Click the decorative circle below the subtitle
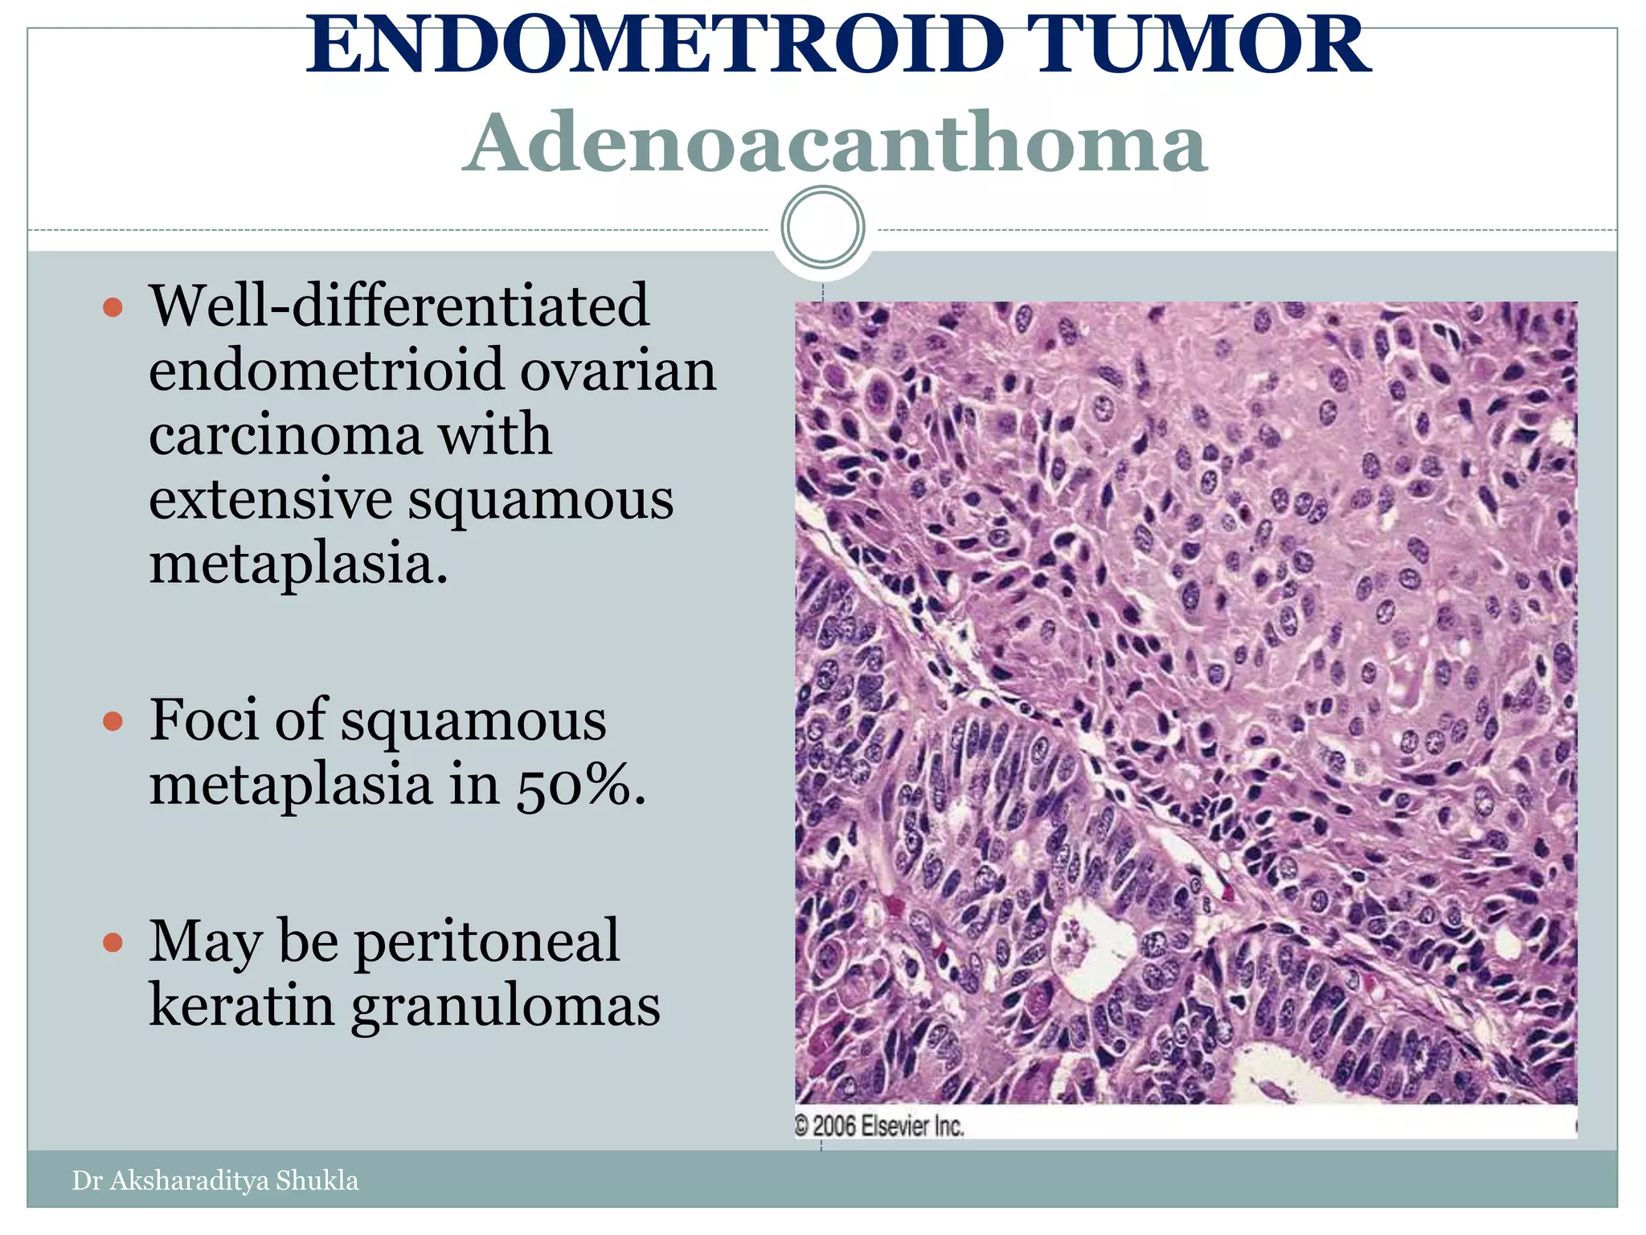(x=822, y=227)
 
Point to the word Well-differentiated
(x=399, y=306)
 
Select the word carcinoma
(x=285, y=434)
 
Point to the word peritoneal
(x=487, y=941)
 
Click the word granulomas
(x=506, y=1007)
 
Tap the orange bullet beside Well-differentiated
(x=113, y=307)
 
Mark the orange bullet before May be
(x=113, y=942)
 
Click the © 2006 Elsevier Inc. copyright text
(x=879, y=1126)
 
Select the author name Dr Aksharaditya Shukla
(x=215, y=1180)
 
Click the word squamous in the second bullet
(x=473, y=720)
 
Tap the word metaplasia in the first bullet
(x=298, y=564)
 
